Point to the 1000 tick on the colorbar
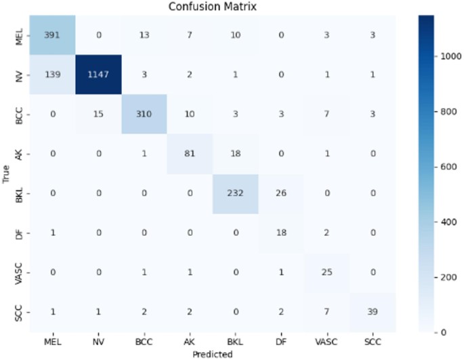point(450,58)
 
